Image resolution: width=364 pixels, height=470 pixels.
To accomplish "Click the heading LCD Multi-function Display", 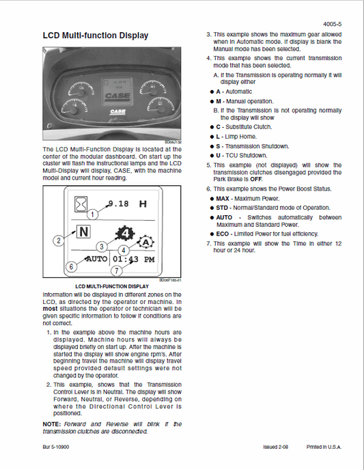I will pyautogui.click(x=95, y=35).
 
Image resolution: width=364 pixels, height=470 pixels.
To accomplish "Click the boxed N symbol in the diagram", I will pyautogui.click(x=83, y=232).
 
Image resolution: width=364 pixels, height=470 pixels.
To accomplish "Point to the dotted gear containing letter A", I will pyautogui.click(x=145, y=242).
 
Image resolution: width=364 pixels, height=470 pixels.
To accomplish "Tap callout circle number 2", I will pyautogui.click(x=59, y=240).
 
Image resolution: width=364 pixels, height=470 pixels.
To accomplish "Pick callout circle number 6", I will pyautogui.click(x=69, y=267).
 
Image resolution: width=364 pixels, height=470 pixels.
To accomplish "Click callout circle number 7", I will pyautogui.click(x=116, y=271).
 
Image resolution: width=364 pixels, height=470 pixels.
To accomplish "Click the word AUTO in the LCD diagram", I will pyautogui.click(x=96, y=260).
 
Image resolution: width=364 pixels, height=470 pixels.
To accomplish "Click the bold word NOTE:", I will pyautogui.click(x=54, y=424).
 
